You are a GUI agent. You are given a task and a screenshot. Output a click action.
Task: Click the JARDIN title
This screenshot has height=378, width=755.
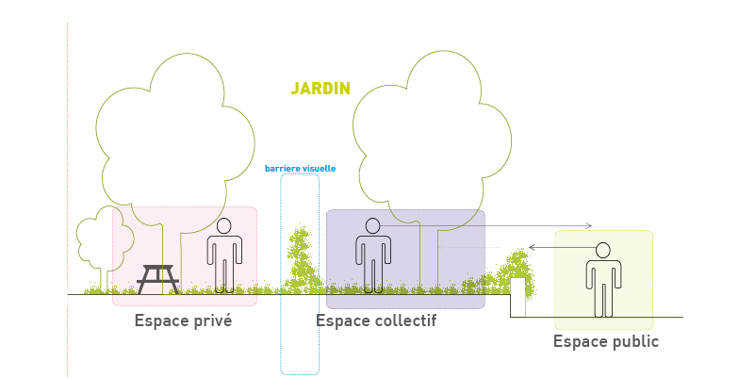point(320,89)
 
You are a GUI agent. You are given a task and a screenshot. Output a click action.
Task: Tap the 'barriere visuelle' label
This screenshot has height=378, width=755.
point(300,169)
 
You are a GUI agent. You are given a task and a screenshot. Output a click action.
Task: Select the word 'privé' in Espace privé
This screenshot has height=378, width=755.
point(212,320)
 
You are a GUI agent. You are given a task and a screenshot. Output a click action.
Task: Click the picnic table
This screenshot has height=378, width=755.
point(158,279)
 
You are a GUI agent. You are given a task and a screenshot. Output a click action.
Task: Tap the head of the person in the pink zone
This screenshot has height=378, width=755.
point(224,226)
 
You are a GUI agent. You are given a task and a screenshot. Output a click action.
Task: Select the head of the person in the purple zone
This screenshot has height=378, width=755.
point(373,226)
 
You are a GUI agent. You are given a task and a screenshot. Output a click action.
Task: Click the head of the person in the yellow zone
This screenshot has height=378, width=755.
point(603,250)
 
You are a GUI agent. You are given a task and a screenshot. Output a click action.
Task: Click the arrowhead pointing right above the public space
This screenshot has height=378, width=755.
point(588,225)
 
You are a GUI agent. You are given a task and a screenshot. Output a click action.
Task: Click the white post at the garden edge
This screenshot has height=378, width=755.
point(517,296)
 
